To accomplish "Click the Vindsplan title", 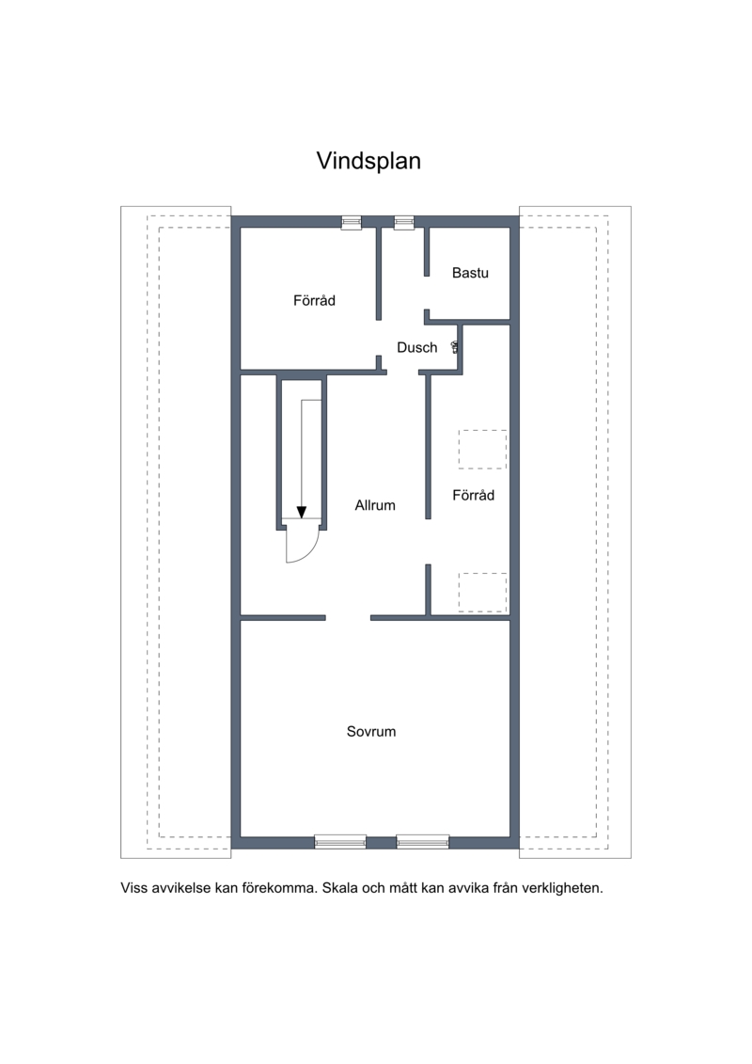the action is click(368, 161).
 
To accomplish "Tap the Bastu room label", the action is click(470, 273).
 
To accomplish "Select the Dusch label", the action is click(417, 347).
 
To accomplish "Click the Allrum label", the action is click(375, 505).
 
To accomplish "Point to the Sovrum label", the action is click(371, 732).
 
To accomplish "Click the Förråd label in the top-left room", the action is click(314, 300).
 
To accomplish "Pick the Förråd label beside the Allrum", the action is click(474, 495).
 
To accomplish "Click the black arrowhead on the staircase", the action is click(302, 513).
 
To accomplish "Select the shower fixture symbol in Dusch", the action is click(456, 347).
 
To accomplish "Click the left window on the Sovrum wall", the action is click(340, 842).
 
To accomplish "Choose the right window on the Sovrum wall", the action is click(422, 842).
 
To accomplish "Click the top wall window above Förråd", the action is click(352, 223).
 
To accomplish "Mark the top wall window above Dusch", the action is click(404, 223).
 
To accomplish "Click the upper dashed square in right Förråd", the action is click(482, 450).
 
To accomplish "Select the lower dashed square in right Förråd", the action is click(482, 593).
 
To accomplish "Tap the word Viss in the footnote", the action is click(133, 887).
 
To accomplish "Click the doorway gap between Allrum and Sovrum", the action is click(348, 617).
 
